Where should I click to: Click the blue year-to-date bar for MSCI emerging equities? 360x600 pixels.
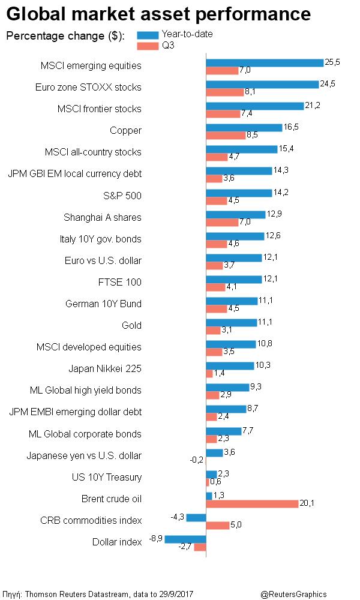(265, 63)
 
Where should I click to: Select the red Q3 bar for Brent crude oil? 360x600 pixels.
(252, 504)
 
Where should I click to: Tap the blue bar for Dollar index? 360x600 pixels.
(185, 539)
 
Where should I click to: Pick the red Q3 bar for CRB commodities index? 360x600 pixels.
(218, 526)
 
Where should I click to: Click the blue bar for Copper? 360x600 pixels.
(244, 128)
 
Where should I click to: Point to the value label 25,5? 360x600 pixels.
(332, 62)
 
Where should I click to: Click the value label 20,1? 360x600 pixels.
(307, 503)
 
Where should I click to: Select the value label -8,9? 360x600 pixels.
(156, 538)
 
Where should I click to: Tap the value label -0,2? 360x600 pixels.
(197, 460)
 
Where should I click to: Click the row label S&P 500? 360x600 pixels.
(122, 196)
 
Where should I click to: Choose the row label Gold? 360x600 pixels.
(131, 326)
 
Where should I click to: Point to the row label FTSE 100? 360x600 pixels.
(120, 283)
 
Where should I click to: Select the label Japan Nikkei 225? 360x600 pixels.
(105, 369)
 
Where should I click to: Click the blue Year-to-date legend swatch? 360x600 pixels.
(148, 35)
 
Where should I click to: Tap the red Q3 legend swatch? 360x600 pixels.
(148, 46)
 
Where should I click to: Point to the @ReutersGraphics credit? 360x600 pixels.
(294, 594)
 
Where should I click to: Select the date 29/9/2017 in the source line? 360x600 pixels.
(176, 594)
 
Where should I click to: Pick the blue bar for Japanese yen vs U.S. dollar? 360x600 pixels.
(215, 452)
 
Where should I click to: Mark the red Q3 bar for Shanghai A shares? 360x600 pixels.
(222, 223)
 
